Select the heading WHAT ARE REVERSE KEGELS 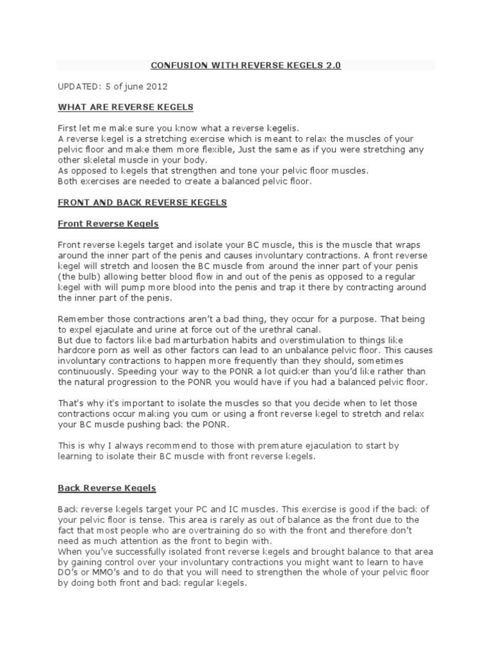126,106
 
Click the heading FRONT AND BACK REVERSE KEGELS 142,202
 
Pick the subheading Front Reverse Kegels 108,224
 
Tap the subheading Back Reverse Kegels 107,488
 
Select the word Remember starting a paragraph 80,319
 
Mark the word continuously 83,372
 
